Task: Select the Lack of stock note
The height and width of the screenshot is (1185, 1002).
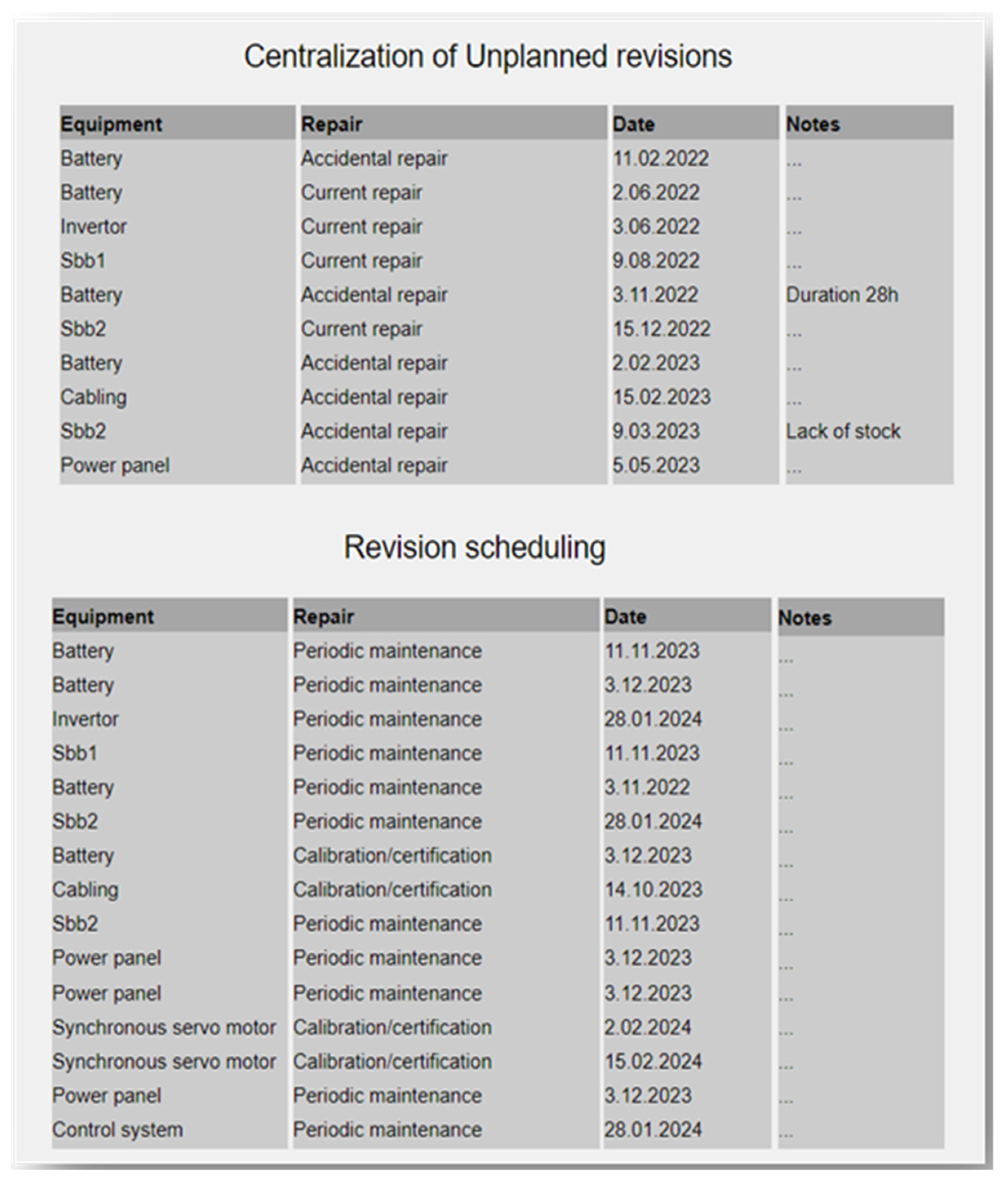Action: tap(843, 431)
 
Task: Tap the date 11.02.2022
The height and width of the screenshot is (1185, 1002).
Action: tap(660, 158)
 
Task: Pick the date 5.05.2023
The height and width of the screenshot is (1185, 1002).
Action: tap(655, 465)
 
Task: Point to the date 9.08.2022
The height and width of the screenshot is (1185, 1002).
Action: tap(655, 261)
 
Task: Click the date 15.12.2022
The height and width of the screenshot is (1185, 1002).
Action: tap(661, 329)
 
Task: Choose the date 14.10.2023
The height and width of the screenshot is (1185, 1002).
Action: tap(653, 889)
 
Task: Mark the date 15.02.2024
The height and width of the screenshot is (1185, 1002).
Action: tap(653, 1061)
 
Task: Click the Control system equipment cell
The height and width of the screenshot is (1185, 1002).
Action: tap(118, 1129)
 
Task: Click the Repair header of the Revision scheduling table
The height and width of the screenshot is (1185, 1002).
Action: tap(323, 616)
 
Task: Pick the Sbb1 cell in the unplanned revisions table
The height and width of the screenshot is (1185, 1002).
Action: tap(83, 261)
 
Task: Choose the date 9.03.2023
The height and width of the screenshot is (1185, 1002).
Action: tap(655, 431)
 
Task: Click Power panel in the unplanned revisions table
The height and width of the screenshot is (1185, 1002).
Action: tap(115, 465)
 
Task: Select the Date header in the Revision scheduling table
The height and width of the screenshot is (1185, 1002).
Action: tap(625, 616)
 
